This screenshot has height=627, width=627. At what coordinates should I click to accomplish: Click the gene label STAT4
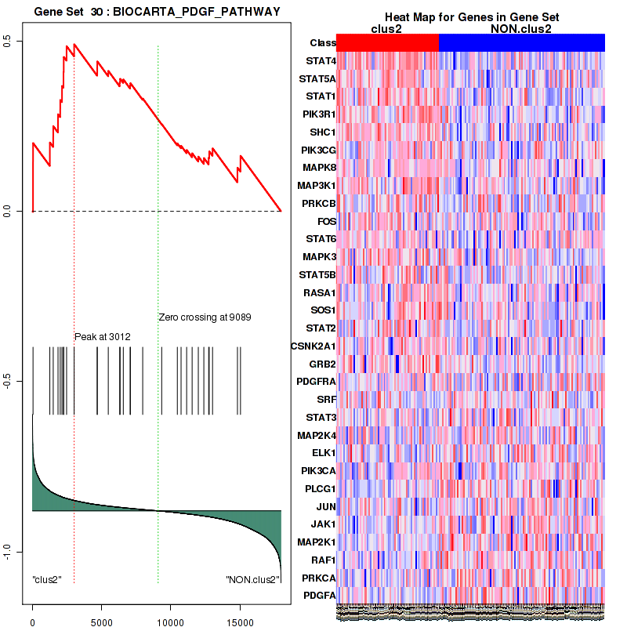[317, 60]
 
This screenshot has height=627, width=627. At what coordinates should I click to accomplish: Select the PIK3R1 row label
[315, 114]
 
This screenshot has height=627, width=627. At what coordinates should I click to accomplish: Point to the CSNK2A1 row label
[313, 346]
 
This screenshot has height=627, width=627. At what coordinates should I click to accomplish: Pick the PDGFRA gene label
[313, 382]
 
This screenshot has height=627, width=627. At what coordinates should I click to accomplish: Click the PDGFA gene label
[317, 596]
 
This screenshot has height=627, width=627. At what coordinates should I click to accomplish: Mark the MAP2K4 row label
[315, 435]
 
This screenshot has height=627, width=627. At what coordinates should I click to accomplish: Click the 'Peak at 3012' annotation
[103, 337]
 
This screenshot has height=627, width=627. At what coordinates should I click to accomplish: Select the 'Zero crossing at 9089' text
[205, 317]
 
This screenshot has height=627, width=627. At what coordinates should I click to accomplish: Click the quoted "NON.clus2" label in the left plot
[250, 580]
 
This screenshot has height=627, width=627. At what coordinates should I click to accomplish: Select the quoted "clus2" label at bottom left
[47, 580]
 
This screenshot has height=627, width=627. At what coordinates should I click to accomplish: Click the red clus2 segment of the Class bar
[387, 43]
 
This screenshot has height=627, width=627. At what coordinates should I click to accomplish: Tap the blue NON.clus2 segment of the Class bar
[522, 43]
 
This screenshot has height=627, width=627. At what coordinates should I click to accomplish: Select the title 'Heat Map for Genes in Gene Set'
[471, 18]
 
